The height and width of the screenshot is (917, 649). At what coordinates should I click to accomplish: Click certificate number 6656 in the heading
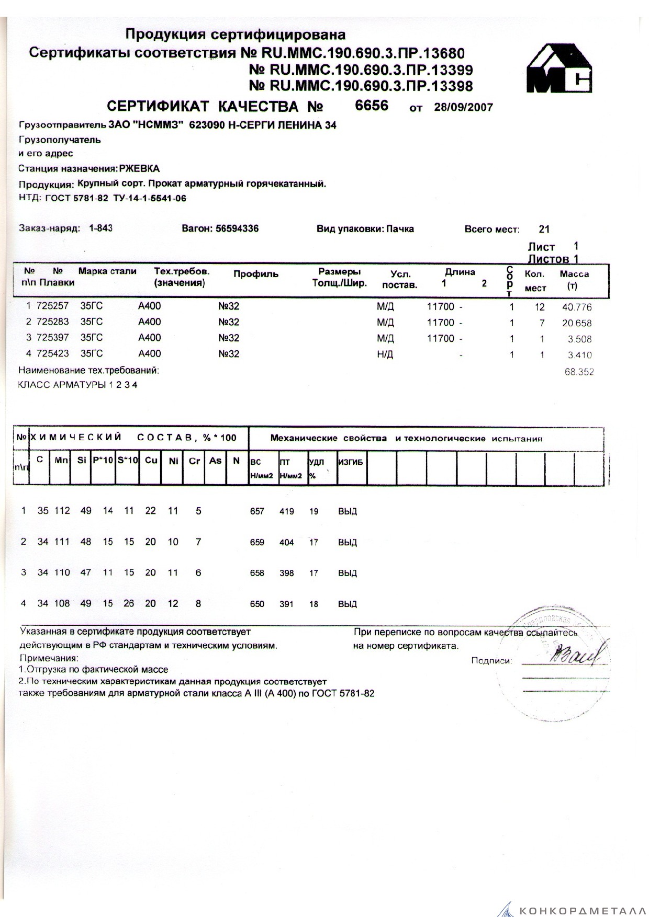(x=372, y=106)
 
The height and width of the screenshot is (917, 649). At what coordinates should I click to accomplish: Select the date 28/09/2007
(x=464, y=107)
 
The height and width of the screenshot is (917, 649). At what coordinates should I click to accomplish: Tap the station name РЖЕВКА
(x=139, y=168)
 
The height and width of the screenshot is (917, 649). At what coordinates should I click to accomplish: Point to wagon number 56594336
(x=237, y=228)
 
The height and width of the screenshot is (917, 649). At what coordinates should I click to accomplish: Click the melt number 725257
(x=53, y=306)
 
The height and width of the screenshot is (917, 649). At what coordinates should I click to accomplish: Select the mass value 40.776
(x=577, y=307)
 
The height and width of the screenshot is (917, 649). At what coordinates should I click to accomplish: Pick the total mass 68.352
(x=579, y=372)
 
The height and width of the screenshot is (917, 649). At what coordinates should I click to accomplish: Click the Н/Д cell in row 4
(x=385, y=354)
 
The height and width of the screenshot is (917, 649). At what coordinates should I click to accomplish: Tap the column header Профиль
(x=256, y=274)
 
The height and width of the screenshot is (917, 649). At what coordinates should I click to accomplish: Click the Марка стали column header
(x=107, y=271)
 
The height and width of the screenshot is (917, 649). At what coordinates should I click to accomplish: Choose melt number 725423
(x=53, y=353)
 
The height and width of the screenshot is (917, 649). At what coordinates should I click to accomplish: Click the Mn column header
(x=62, y=461)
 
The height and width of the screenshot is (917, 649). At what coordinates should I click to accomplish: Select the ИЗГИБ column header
(x=351, y=462)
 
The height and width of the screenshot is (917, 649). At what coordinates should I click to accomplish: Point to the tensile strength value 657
(x=257, y=511)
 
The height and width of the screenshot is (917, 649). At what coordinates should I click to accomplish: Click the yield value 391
(x=286, y=604)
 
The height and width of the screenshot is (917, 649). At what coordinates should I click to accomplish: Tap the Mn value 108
(x=62, y=603)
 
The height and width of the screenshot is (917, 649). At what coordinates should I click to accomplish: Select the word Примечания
(x=48, y=658)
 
